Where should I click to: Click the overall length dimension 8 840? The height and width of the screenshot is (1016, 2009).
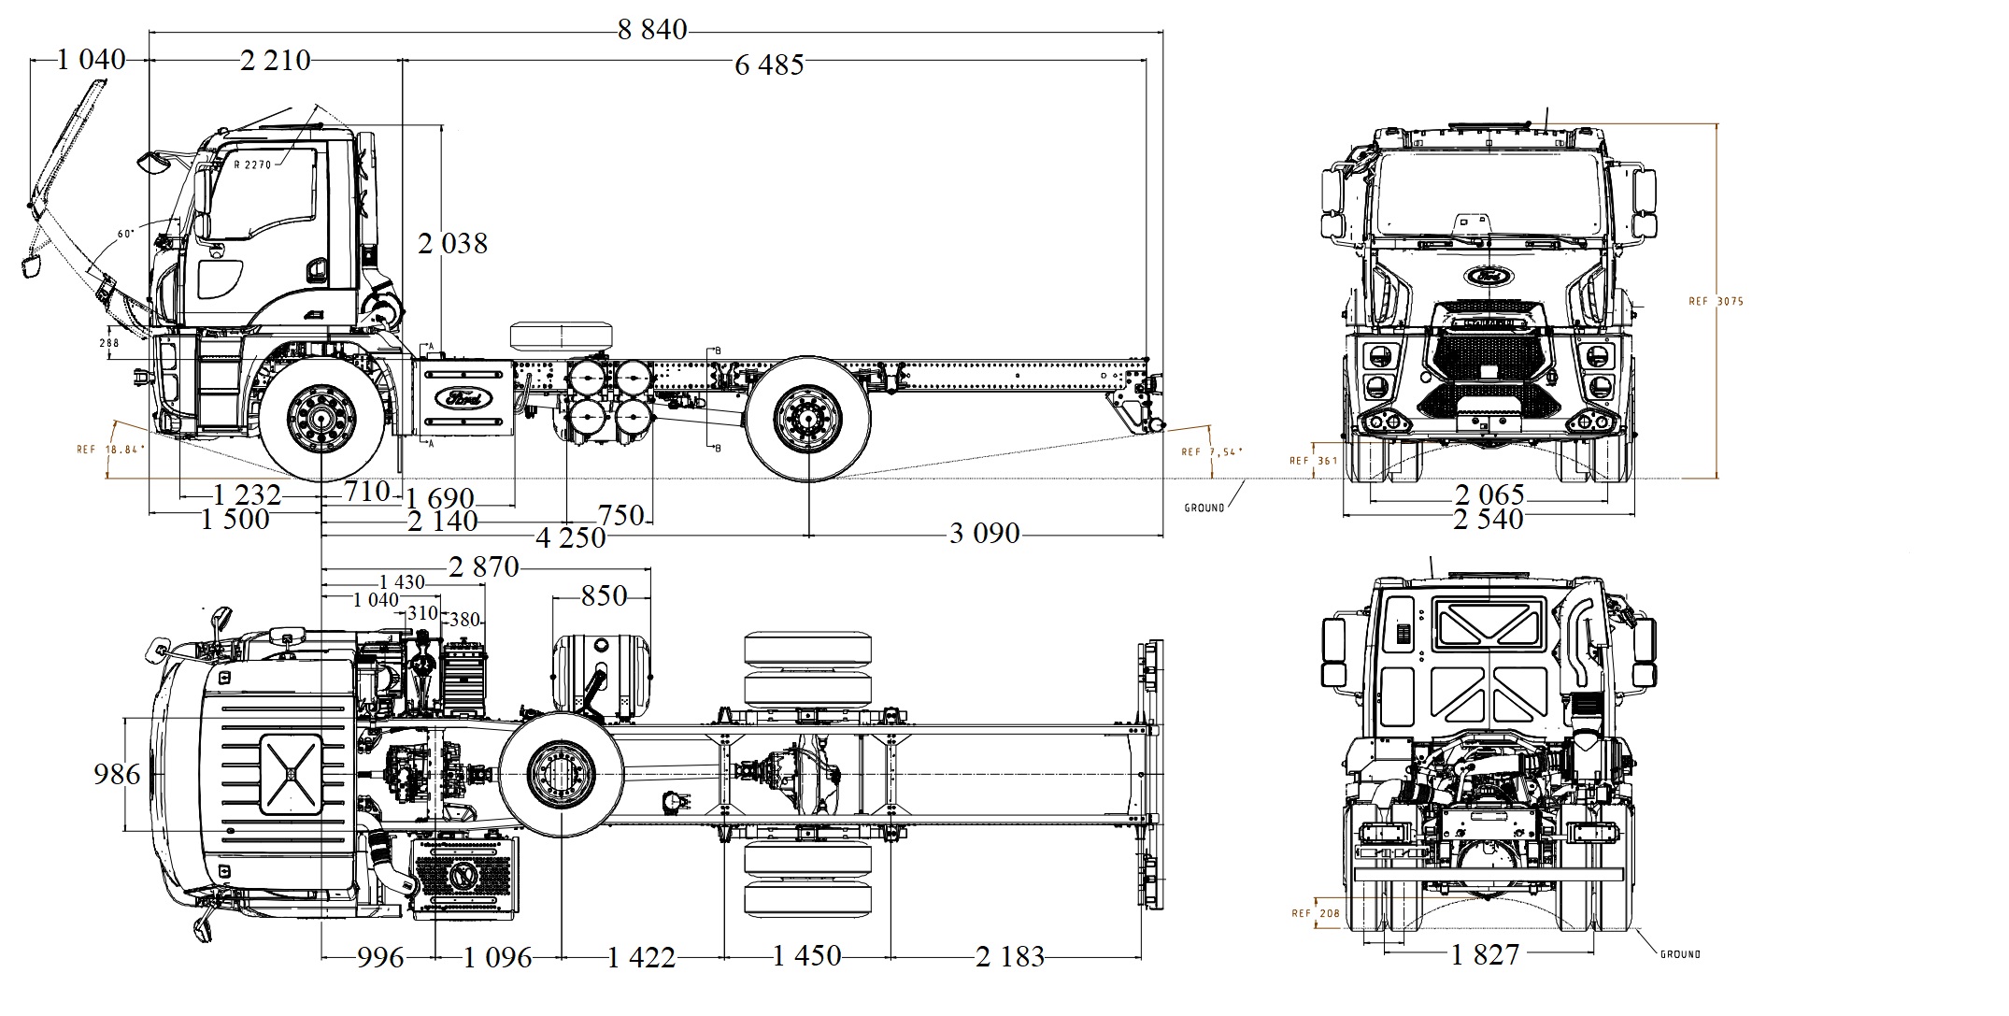(x=651, y=30)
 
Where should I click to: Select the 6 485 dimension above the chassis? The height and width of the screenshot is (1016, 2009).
(x=768, y=64)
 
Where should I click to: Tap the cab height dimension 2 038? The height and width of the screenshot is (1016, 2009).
(x=452, y=244)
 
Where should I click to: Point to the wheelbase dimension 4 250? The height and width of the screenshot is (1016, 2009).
(x=570, y=537)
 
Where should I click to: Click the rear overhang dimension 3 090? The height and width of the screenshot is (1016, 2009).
(x=984, y=534)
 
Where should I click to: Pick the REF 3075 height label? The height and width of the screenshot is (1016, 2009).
(x=1716, y=301)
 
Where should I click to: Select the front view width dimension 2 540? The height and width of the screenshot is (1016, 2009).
(x=1488, y=519)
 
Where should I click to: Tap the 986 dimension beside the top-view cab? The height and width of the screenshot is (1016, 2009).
(x=117, y=774)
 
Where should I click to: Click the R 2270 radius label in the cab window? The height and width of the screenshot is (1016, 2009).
(x=252, y=165)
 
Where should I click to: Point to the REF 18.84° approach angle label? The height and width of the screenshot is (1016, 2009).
(x=111, y=450)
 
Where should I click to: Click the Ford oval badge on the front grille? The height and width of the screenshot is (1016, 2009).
(x=1489, y=276)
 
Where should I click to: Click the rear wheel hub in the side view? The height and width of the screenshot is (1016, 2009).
(x=807, y=418)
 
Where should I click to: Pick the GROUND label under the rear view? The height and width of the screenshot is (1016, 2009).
(x=1680, y=954)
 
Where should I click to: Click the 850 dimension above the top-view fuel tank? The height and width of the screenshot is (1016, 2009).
(x=603, y=595)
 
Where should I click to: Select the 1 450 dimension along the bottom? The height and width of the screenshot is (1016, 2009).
(x=806, y=956)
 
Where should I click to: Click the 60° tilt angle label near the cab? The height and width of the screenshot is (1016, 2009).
(x=125, y=234)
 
